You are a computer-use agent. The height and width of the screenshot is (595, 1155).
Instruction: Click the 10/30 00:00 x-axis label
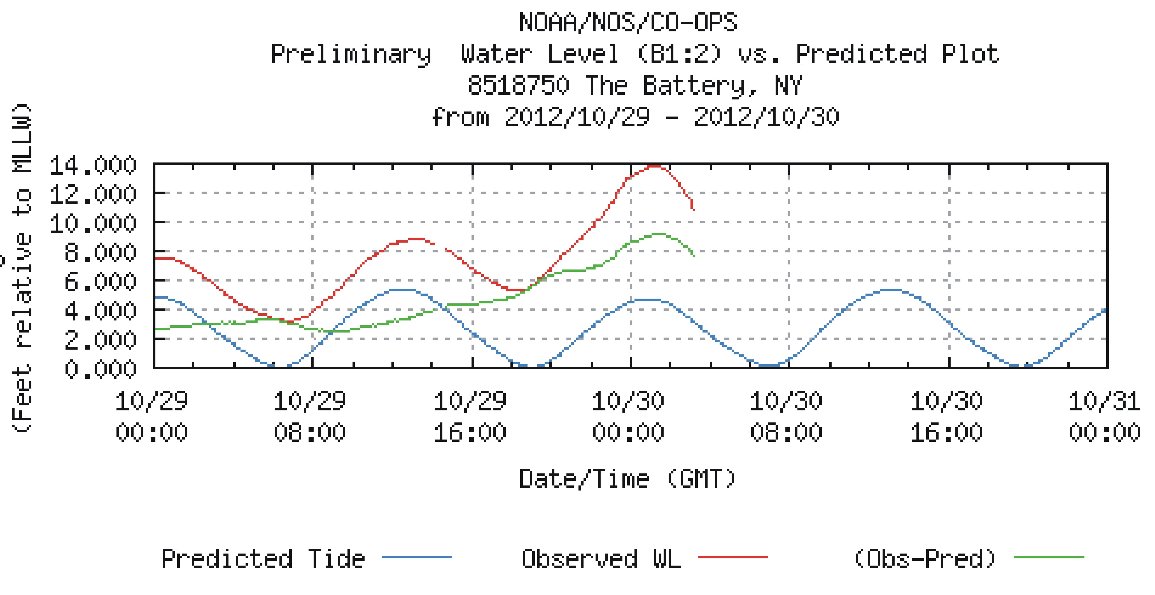(628, 416)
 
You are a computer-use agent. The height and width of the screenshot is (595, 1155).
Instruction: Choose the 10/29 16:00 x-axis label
(470, 416)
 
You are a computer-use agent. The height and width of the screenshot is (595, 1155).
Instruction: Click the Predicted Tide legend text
(263, 559)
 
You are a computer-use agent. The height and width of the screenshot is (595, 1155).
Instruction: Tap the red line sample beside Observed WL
(733, 557)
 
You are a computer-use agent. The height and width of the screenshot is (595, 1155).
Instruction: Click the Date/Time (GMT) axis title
(627, 479)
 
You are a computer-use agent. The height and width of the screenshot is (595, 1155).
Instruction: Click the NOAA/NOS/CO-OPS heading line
(628, 22)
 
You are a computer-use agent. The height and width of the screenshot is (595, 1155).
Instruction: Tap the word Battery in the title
(699, 85)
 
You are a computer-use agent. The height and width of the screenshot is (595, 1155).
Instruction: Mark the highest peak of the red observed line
(655, 166)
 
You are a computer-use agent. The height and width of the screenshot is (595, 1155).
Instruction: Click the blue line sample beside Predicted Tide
(417, 557)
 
